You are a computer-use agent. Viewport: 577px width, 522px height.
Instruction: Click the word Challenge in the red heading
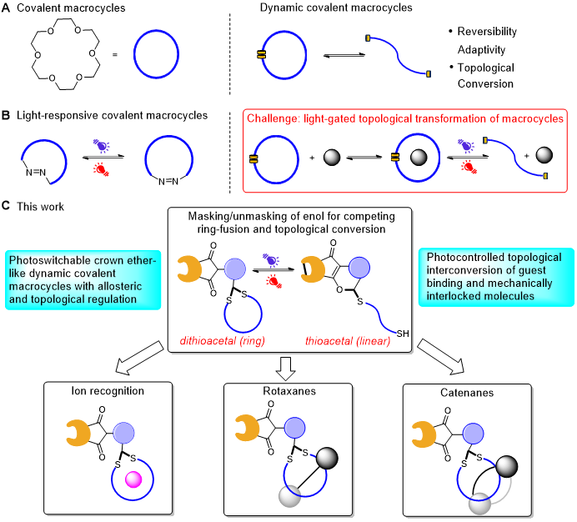(x=273, y=118)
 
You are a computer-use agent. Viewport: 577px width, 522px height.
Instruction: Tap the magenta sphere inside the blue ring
(x=133, y=479)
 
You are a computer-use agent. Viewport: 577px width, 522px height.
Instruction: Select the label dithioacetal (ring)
(x=222, y=340)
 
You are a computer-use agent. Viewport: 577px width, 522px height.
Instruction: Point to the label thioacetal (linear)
(x=348, y=340)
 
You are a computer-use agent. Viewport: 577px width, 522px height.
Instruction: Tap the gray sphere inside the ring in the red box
(x=419, y=157)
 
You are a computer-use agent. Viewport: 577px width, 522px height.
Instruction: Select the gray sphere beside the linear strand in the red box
(x=544, y=154)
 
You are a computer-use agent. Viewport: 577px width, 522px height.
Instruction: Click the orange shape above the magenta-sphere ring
(x=78, y=433)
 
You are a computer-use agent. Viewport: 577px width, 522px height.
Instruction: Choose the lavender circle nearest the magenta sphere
(x=123, y=433)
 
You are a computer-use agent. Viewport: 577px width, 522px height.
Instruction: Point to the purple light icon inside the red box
(x=466, y=146)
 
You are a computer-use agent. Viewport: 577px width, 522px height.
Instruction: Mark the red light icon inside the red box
(x=469, y=167)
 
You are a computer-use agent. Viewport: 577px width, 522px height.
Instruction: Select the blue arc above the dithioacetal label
(x=243, y=314)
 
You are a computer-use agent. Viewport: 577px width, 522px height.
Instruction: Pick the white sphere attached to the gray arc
(x=479, y=503)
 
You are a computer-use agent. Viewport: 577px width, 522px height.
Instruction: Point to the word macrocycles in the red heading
(x=529, y=118)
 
